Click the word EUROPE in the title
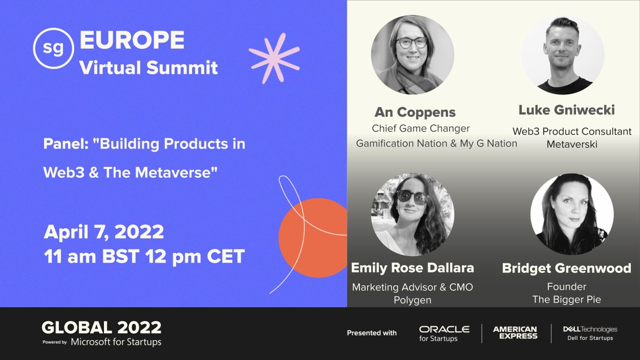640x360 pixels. [132, 39]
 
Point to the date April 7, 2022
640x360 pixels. [103, 233]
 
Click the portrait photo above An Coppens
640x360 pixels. [412, 54]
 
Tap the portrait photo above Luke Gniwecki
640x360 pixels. [563, 54]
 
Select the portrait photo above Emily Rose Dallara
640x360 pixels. [412, 213]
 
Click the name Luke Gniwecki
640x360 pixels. [566, 110]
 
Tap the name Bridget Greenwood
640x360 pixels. [566, 268]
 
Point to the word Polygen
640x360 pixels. [412, 300]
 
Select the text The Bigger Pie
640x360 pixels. [566, 300]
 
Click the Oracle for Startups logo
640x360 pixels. [444, 333]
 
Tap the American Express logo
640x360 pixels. [515, 333]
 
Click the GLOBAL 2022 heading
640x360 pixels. [101, 327]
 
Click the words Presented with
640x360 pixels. [372, 333]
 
